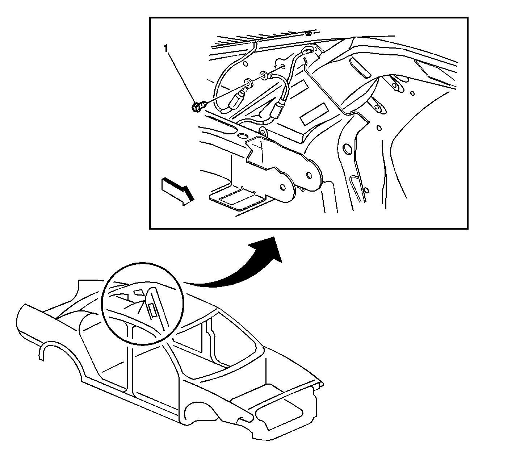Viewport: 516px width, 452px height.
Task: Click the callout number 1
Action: [x=166, y=49]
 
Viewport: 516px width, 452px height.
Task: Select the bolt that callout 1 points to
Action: [x=198, y=107]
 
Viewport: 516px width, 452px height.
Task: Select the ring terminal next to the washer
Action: [x=264, y=75]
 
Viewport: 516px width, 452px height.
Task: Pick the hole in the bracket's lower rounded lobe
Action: [x=283, y=187]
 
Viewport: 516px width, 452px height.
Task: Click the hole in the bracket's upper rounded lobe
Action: [x=309, y=175]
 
